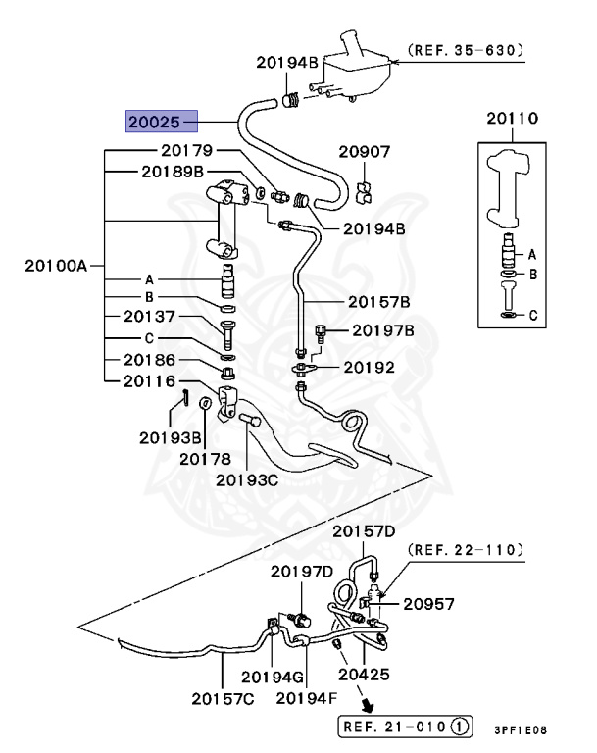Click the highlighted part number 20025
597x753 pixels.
[154, 122]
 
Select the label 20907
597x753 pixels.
[364, 152]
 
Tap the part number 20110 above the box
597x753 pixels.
[513, 118]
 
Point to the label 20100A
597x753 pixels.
[56, 265]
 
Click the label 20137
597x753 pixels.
[149, 316]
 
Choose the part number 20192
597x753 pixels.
[369, 368]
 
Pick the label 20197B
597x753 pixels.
[383, 330]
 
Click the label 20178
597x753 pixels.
[205, 459]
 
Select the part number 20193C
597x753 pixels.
[247, 480]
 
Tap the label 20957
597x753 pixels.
[428, 604]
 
